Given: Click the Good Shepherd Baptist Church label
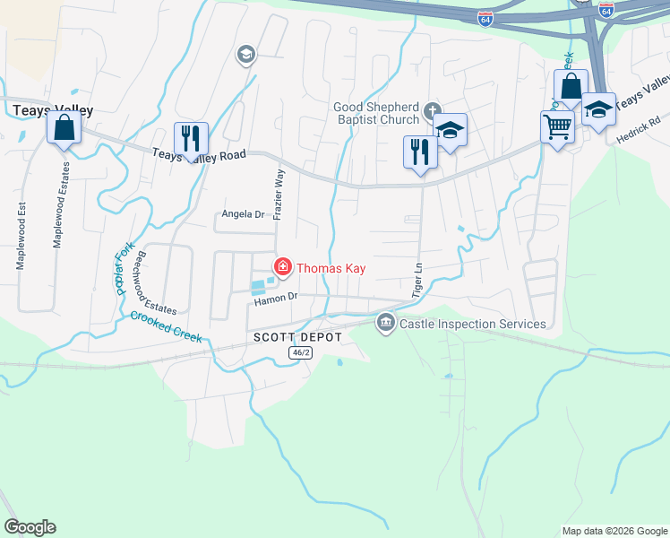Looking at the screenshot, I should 376,113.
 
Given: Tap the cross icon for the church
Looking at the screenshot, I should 432,112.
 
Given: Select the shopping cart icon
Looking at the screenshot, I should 557,128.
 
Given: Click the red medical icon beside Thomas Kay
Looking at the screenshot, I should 283,266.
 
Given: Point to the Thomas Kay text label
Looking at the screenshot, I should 331,267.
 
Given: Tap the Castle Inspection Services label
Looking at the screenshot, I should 472,323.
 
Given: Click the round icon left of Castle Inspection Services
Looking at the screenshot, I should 386,322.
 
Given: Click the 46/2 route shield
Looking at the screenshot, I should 300,352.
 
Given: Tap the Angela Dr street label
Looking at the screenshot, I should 244,214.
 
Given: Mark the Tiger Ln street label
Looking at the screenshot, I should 417,281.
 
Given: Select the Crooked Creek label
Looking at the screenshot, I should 166,326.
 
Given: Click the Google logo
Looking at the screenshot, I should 30,527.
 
